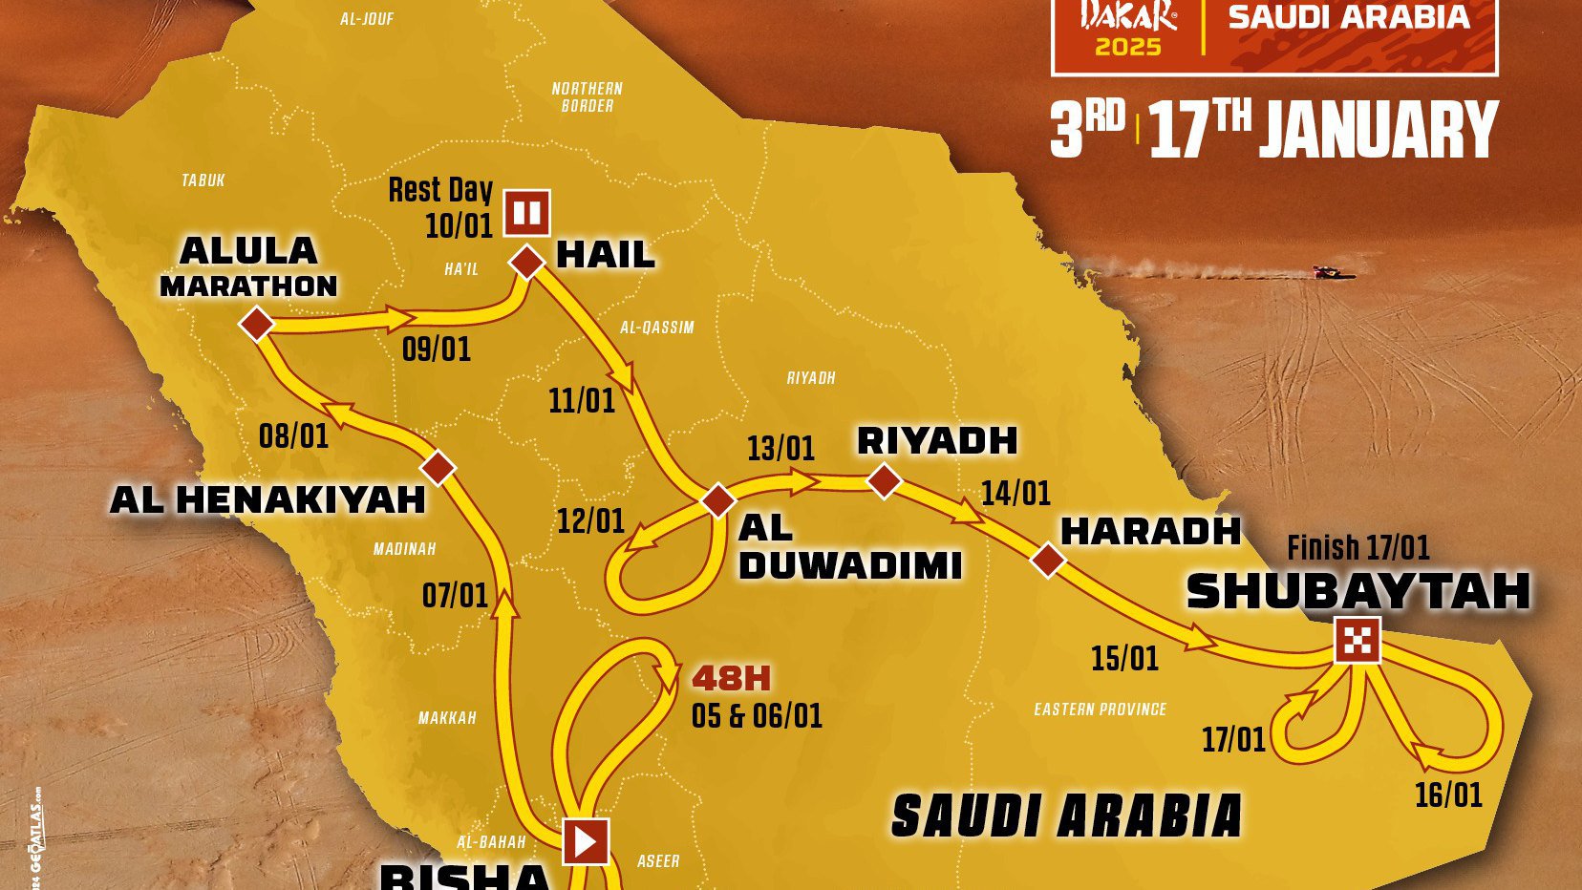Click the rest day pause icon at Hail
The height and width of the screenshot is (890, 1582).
coord(527,213)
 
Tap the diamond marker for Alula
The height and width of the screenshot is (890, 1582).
coord(256,325)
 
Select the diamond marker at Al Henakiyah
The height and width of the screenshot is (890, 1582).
coord(438,468)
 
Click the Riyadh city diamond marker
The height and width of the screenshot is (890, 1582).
coord(884,480)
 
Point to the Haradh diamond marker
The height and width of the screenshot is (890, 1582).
coord(1048,560)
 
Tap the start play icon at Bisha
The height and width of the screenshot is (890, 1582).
coord(585,841)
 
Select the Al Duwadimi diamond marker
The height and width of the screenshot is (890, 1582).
coord(718,499)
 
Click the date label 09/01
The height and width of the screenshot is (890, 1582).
coord(437,350)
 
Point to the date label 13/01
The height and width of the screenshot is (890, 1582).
coord(780,448)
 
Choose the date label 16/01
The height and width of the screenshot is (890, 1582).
coord(1448,795)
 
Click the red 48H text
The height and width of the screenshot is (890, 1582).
coord(731,678)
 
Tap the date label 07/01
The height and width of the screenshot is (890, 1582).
coord(455,596)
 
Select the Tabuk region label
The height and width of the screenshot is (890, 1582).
coord(203,180)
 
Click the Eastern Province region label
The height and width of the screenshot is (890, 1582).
coord(1100,710)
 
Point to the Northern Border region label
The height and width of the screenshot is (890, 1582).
coord(587,96)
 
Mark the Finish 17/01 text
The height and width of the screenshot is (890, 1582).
coord(1358,548)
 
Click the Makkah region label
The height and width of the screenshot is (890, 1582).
coord(447,718)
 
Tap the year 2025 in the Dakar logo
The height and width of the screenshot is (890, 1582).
coord(1127,47)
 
